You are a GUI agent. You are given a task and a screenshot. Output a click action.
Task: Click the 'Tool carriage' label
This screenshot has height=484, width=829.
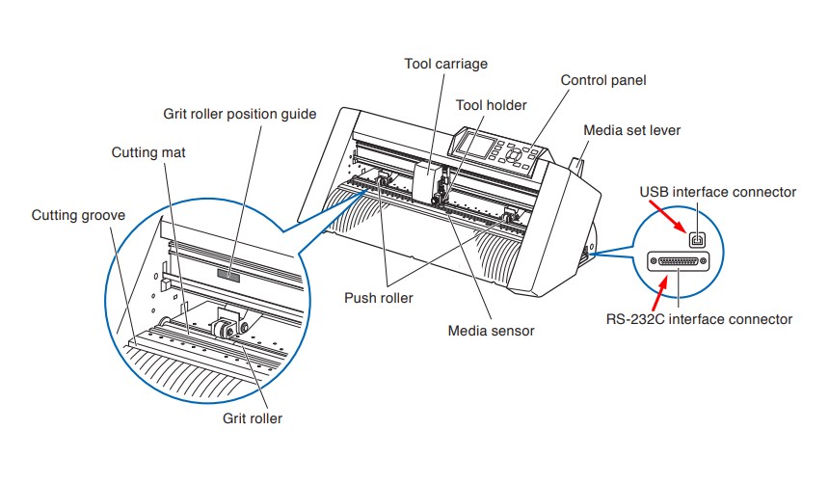(445, 64)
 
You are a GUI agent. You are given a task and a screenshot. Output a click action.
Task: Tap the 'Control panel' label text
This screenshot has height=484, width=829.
(603, 80)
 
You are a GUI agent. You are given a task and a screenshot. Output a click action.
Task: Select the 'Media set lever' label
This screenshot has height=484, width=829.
(631, 131)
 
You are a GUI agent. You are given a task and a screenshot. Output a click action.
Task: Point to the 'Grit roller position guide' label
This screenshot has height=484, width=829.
(239, 115)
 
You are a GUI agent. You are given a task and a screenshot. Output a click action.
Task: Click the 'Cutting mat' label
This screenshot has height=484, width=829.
(148, 153)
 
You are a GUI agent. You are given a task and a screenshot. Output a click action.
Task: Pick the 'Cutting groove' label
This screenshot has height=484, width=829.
(78, 215)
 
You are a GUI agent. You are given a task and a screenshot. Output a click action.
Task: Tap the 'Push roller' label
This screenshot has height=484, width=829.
(379, 298)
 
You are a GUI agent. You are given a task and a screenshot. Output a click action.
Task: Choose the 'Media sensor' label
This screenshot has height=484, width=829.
(492, 331)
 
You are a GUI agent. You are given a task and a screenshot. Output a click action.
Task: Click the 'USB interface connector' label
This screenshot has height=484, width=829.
(718, 192)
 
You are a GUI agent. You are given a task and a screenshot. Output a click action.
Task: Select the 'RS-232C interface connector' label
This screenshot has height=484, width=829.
(699, 319)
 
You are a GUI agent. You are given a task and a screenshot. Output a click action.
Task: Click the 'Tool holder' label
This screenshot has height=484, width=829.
(492, 105)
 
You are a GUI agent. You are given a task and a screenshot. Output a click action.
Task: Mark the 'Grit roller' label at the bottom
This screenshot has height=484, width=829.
(253, 418)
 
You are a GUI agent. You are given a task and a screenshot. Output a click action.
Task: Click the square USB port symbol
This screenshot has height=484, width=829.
(697, 240)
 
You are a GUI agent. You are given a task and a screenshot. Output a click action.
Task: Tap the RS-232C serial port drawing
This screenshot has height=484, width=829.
(679, 261)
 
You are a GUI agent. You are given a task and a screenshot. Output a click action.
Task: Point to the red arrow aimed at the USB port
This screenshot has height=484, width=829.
(668, 217)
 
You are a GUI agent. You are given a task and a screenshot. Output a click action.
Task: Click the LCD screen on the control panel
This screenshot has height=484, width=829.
(476, 145)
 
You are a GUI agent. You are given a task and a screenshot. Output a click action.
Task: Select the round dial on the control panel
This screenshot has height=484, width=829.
(514, 155)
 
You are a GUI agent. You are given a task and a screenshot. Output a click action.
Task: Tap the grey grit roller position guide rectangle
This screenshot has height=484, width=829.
(228, 275)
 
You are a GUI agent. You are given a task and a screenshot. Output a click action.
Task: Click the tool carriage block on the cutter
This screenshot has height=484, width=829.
(426, 179)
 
